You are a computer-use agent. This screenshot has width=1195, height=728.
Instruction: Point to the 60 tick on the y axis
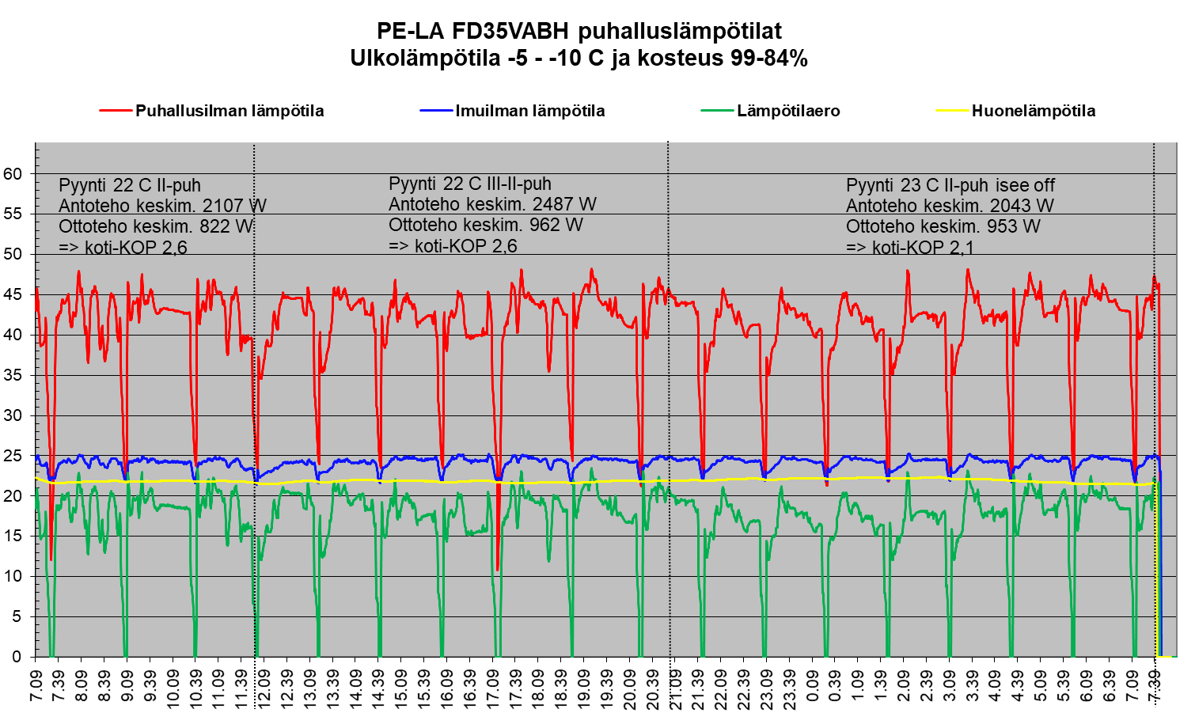(x=14, y=173)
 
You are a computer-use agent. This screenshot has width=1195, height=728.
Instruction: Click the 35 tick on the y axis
(x=14, y=375)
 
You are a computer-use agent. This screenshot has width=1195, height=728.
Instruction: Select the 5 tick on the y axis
(x=18, y=616)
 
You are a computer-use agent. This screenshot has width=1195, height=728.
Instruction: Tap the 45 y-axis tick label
(x=14, y=294)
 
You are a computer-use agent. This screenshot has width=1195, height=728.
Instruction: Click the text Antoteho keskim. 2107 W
(x=162, y=206)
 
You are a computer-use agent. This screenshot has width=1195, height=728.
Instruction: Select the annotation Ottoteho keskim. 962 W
(x=485, y=225)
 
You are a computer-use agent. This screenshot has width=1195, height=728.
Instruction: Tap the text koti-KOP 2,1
(x=923, y=247)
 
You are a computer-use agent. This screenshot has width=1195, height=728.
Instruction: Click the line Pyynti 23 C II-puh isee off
(x=950, y=185)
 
